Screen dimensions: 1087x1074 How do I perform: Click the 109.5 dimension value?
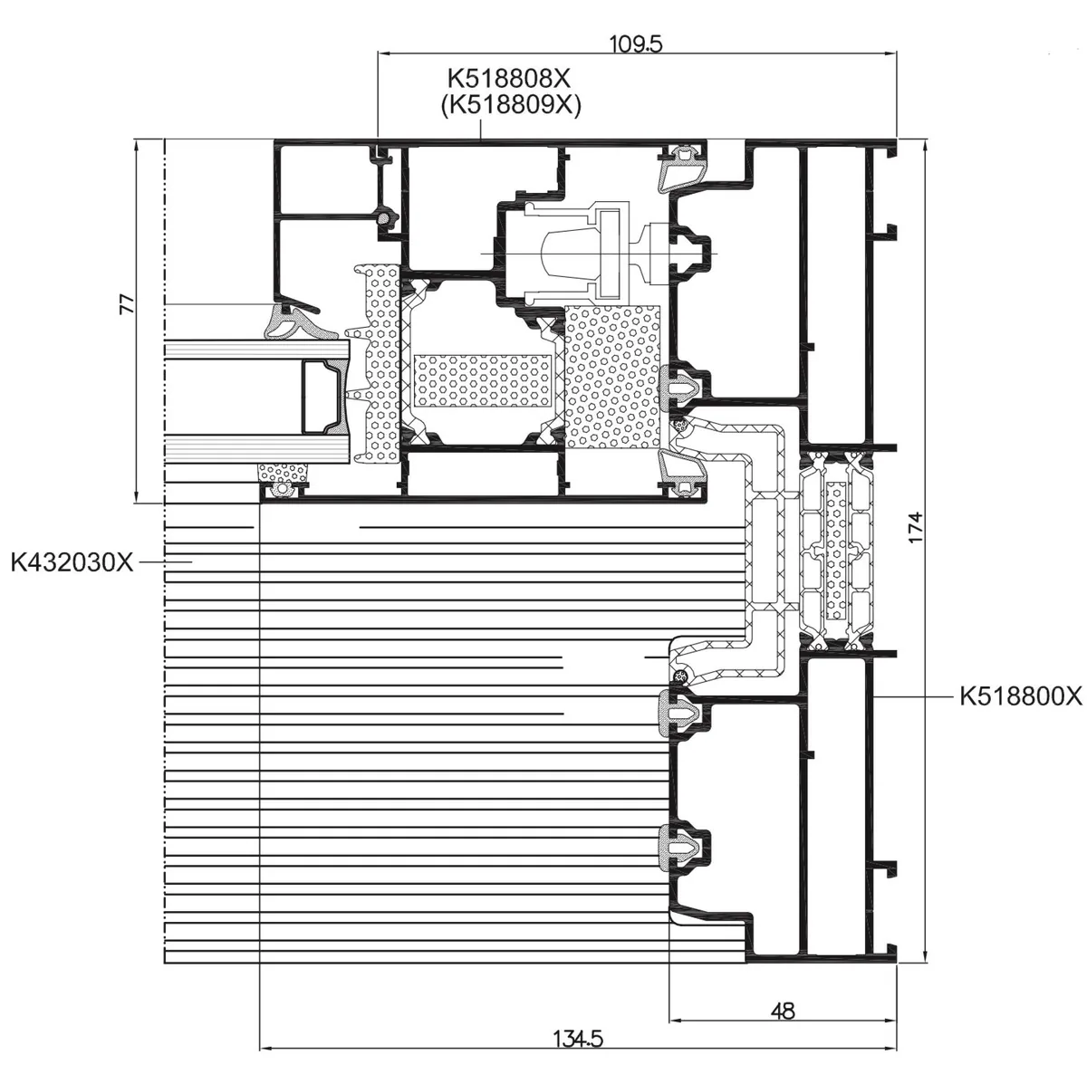pos(636,43)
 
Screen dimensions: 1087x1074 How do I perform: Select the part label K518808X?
pos(508,79)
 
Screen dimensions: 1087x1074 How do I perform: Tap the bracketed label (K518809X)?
pos(511,105)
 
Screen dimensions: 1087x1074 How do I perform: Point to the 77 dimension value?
pos(129,304)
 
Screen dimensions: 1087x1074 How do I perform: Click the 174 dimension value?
pos(916,527)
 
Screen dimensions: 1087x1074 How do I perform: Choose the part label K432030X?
pos(72,561)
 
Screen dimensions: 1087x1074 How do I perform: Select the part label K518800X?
pos(1021,696)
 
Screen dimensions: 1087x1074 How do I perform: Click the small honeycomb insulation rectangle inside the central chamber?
pos(483,380)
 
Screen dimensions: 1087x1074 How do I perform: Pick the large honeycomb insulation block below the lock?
pos(612,377)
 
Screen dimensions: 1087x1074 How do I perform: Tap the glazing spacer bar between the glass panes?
pos(324,398)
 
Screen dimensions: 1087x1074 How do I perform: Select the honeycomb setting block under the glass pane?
pos(284,473)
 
